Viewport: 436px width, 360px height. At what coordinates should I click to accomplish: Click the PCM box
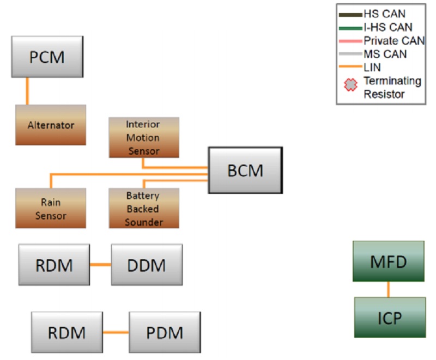47,57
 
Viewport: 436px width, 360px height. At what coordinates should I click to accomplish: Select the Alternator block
51,125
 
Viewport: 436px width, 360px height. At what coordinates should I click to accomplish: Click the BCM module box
245,170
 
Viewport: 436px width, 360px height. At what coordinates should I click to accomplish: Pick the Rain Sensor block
51,209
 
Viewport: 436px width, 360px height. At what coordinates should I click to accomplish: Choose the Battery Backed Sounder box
144,209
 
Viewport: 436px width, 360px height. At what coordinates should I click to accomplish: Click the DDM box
147,265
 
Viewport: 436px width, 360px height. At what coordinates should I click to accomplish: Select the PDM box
165,332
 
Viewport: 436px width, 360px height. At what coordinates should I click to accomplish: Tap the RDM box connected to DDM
54,265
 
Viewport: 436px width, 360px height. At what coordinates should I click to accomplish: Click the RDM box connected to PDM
66,332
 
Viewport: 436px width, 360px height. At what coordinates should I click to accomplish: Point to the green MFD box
389,262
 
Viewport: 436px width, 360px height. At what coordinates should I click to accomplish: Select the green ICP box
390,317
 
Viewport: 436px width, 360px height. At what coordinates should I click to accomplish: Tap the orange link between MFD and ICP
389,289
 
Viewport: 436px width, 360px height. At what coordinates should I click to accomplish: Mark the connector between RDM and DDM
100,265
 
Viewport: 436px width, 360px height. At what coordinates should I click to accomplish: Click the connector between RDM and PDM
116,332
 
